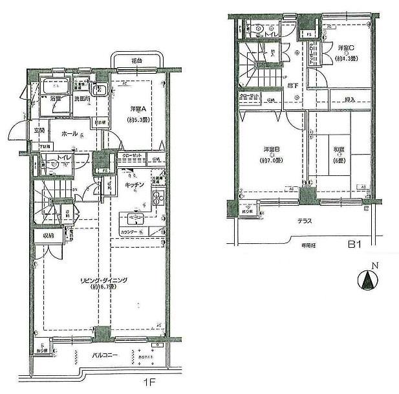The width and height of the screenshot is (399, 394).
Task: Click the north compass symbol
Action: [x=367, y=280]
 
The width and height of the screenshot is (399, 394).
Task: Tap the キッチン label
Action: [x=135, y=185]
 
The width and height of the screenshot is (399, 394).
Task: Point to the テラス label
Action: [x=305, y=221]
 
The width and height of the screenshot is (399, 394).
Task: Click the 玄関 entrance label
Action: [x=39, y=131]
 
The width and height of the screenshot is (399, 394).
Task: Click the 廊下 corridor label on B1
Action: [x=293, y=85]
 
